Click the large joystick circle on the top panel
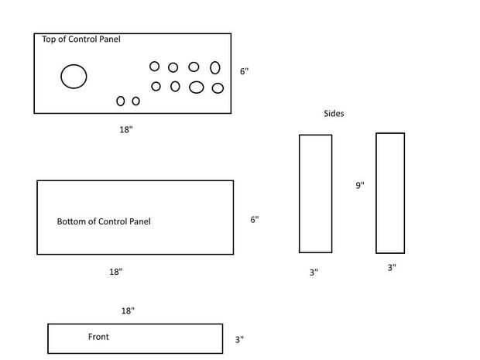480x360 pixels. point(74,76)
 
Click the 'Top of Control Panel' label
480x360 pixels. point(81,39)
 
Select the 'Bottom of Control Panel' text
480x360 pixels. point(104,221)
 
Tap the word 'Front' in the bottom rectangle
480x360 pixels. point(98,337)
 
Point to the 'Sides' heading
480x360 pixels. point(334,114)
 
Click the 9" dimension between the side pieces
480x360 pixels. point(360,186)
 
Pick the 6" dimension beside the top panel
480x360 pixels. point(244,71)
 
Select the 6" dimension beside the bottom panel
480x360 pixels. point(254,220)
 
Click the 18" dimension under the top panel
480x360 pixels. point(126,130)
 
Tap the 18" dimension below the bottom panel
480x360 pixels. point(115,272)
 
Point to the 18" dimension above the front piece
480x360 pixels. point(128,310)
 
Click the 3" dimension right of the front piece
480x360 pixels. point(239,339)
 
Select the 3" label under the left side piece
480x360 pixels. point(314,273)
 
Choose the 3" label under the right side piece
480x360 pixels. point(392,268)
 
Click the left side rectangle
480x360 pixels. point(315,194)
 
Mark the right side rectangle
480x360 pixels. point(390,193)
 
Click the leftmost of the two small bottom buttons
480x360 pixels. point(121,101)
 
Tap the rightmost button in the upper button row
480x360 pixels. point(215,68)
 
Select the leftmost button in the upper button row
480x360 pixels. point(155,67)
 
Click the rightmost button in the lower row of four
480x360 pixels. point(218,88)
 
